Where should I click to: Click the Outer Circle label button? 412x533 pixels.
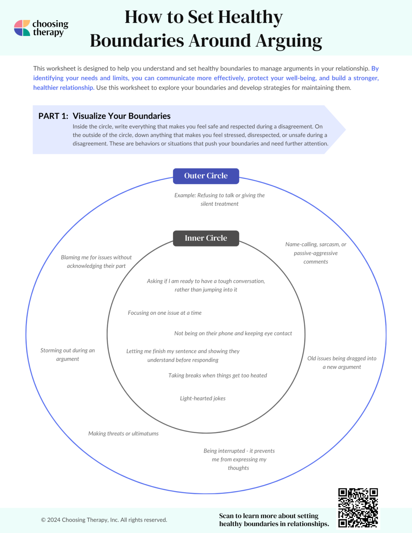206,176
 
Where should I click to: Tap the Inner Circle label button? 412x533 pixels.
206,238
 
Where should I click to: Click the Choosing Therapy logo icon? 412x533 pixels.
22,28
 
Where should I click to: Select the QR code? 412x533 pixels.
358,508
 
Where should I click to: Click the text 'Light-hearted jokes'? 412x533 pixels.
203,398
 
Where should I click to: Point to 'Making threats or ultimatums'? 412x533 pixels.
123,433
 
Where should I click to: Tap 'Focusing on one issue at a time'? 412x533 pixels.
164,313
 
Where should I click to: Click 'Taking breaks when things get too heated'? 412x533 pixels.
217,375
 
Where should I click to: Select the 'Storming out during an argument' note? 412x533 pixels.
68,355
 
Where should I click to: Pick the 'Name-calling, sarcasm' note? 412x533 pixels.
316,253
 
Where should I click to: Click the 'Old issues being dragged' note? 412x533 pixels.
342,362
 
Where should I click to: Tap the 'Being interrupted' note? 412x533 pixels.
239,459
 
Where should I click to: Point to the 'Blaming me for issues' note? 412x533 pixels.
96,262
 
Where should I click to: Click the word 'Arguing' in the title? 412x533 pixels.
289,40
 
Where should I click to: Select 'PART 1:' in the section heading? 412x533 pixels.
53,116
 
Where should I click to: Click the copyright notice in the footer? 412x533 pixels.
104,520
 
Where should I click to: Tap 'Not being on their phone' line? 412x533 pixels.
233,333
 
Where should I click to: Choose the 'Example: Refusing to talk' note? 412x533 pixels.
219,199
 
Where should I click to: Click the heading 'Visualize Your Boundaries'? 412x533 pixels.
122,116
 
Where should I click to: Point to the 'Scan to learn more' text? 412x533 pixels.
274,520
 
